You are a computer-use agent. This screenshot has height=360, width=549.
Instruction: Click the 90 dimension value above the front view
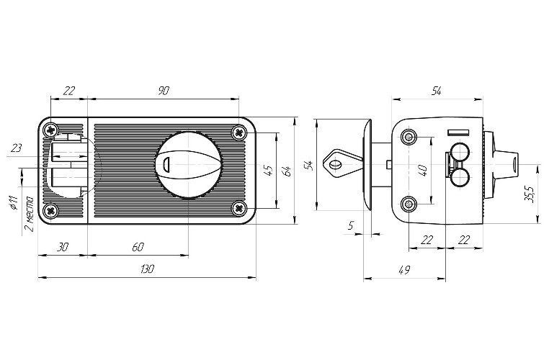tap(164, 90)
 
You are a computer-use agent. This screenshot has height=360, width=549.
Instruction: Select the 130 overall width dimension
tap(147, 269)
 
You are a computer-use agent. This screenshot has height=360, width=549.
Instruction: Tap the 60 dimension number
tap(138, 246)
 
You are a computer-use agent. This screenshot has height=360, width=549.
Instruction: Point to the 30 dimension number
tap(62, 246)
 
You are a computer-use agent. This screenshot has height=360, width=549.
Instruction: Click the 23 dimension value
tap(17, 148)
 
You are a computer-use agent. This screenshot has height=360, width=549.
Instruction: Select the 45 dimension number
tap(268, 171)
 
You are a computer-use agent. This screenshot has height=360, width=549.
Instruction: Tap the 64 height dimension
tap(287, 171)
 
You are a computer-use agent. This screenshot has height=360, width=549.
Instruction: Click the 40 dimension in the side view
tap(424, 171)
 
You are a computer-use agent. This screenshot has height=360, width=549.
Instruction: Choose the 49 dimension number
tap(404, 269)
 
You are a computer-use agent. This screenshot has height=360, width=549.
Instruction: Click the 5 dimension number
tap(351, 225)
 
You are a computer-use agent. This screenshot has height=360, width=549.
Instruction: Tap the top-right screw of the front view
tap(240, 132)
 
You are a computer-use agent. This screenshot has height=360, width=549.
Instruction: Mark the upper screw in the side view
tap(410, 137)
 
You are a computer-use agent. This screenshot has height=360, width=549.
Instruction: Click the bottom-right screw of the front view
tap(240, 208)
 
